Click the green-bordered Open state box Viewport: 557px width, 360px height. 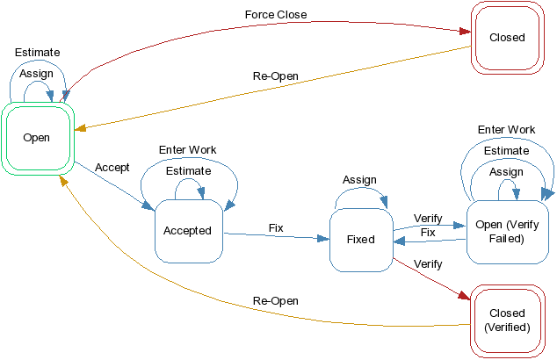36,137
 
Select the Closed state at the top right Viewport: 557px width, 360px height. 506,37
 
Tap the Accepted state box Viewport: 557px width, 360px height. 187,231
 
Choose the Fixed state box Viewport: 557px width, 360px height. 360,239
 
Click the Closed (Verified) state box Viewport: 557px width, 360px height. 506,320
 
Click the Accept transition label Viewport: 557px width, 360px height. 112,167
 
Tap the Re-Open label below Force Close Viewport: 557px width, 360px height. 276,76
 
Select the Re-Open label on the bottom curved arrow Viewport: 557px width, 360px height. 276,300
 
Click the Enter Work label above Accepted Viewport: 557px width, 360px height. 187,150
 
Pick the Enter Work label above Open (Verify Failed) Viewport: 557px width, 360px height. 506,129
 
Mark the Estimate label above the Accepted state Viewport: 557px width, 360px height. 188,170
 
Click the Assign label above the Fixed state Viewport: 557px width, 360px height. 359,180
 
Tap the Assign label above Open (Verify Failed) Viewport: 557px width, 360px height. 506,172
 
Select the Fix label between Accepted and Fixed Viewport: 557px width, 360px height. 276,227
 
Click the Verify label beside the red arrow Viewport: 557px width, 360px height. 427,263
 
